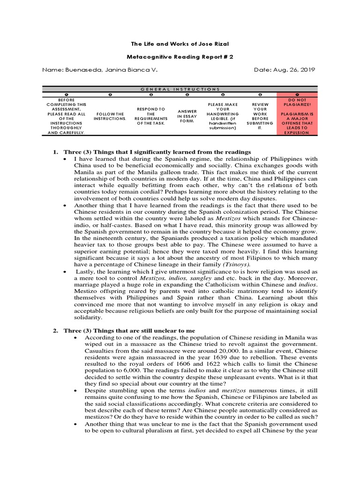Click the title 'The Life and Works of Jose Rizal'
pos(180,44)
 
